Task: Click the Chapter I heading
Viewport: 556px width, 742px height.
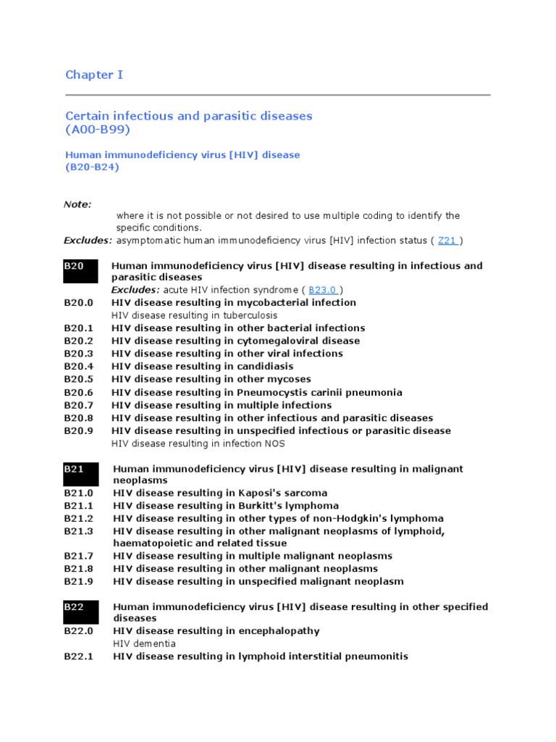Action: [89, 75]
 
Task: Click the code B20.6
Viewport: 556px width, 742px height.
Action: [78, 392]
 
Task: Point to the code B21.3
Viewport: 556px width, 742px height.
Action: [78, 531]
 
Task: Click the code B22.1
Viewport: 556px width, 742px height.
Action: [78, 656]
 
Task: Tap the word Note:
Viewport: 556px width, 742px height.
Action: [77, 204]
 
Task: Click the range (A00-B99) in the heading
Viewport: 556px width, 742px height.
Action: [98, 130]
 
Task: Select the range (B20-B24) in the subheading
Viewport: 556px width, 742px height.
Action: [92, 167]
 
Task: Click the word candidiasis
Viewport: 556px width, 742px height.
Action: [264, 367]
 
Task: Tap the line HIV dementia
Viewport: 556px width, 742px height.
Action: [144, 643]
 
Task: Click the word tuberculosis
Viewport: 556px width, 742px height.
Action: [250, 316]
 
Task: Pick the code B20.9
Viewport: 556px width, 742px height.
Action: [78, 431]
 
